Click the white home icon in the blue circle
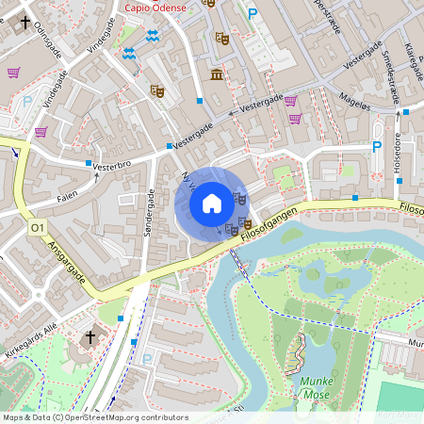tap(212, 203)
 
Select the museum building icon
tap(217, 74)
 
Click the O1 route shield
tap(38, 228)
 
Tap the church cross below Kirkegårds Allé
tap(90, 336)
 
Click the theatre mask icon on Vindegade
tap(157, 90)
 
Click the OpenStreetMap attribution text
tap(95, 417)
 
